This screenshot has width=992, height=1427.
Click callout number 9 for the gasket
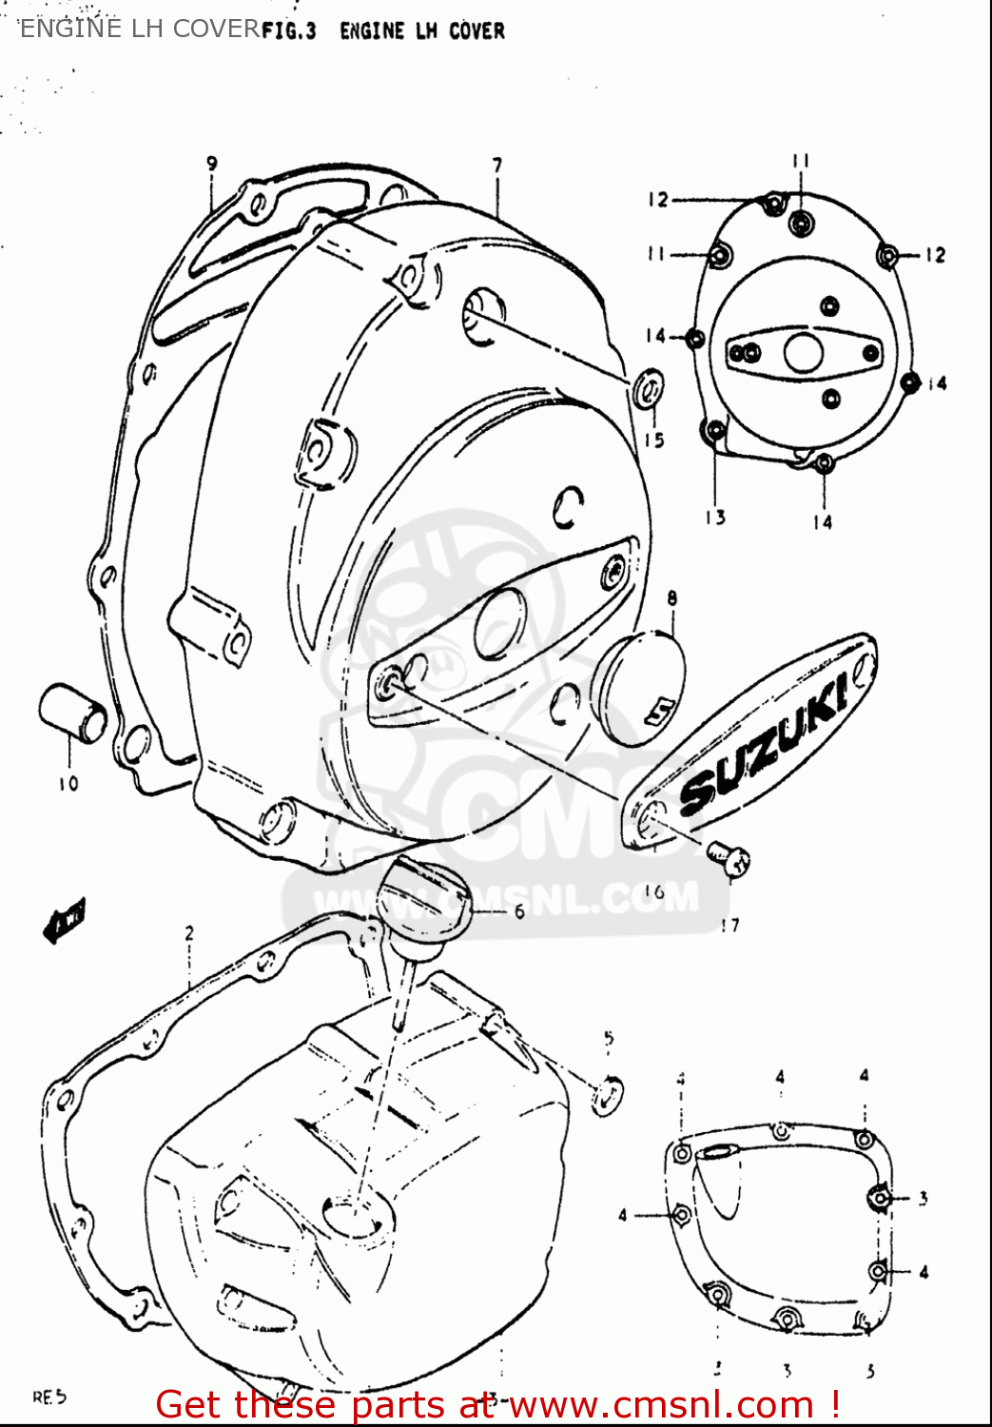[211, 164]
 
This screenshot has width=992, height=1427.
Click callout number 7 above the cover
[497, 166]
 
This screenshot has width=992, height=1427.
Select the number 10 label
[68, 784]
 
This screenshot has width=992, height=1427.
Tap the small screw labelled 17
[730, 858]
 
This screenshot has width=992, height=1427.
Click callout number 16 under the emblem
[653, 891]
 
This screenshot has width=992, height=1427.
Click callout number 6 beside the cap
[519, 911]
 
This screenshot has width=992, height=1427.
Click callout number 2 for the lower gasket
[188, 933]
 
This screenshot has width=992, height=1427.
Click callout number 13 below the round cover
[715, 518]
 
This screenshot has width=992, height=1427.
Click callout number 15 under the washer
[653, 440]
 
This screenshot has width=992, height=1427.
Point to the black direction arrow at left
[65, 920]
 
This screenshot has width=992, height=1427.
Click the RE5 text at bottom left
[49, 1398]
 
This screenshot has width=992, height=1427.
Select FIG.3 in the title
[288, 31]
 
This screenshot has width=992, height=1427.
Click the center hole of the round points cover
[804, 353]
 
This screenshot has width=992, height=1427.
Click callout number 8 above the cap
[671, 599]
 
